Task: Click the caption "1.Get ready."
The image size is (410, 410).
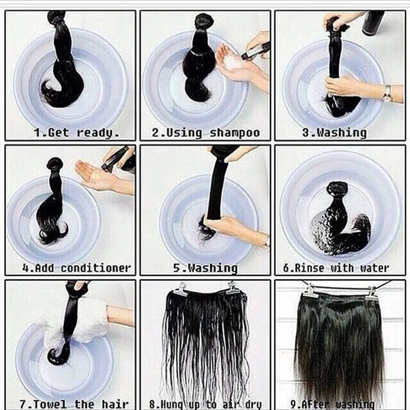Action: [x=76, y=133]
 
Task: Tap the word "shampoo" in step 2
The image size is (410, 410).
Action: [x=235, y=133]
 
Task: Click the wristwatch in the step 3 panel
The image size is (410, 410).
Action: [x=387, y=93]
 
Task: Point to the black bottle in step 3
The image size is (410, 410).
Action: [x=373, y=23]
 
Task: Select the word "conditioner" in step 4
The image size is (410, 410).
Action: [x=96, y=268]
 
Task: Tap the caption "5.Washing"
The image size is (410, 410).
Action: [x=206, y=269]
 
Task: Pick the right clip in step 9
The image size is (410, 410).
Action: [x=371, y=293]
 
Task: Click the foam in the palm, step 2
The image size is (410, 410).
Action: [x=233, y=62]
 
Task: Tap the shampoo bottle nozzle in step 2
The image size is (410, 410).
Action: [x=246, y=55]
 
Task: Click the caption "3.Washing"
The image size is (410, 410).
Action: [x=334, y=133]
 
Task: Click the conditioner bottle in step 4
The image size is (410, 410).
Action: [x=119, y=159]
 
